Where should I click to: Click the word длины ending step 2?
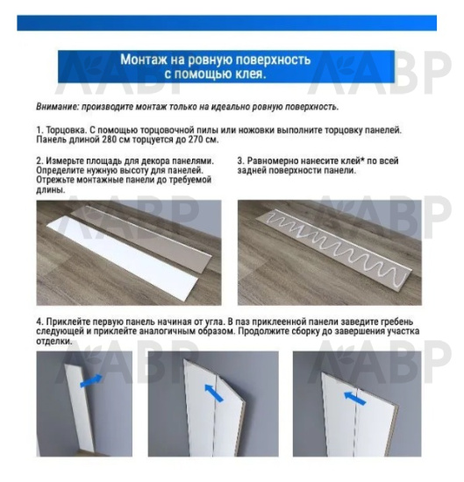pyautogui.click(x=51, y=189)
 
